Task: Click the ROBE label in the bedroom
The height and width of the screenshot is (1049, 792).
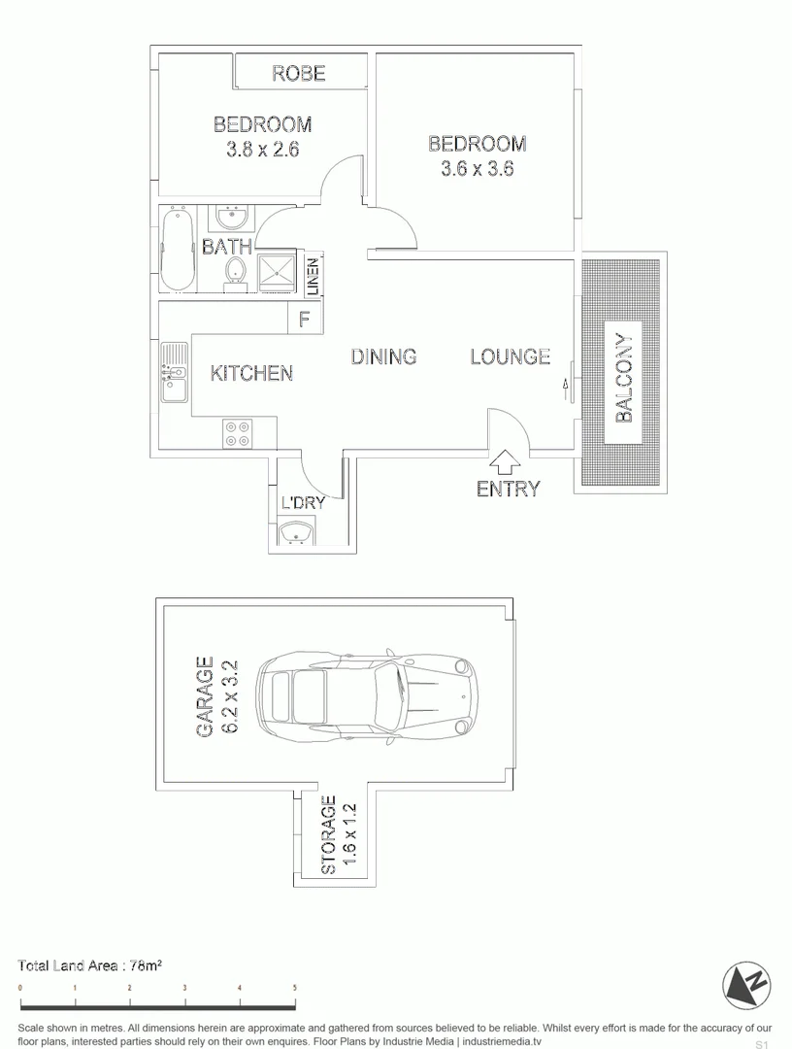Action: click(298, 73)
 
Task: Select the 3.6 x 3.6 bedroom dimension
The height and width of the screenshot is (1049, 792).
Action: click(477, 168)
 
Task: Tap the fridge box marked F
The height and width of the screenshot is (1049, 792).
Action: click(304, 319)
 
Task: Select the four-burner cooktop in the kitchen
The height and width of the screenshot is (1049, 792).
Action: click(237, 432)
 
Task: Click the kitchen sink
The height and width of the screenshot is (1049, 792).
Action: click(175, 373)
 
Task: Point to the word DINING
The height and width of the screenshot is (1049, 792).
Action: click(383, 356)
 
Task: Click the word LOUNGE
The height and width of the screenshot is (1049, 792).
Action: click(510, 356)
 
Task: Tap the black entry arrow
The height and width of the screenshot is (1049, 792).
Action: click(506, 461)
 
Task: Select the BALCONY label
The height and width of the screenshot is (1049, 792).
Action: click(624, 378)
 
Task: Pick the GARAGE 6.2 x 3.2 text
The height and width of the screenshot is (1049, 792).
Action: click(216, 696)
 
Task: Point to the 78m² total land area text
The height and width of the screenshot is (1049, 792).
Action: click(144, 965)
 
